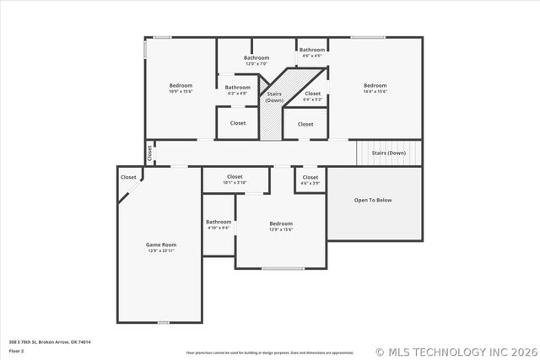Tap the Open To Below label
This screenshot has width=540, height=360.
(372, 200)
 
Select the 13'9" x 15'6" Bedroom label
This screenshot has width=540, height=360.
(280, 224)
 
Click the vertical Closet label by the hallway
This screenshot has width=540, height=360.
(150, 153)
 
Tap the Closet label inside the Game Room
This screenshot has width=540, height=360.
(128, 177)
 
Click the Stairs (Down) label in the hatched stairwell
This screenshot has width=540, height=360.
(274, 97)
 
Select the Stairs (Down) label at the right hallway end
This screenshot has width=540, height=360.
(389, 153)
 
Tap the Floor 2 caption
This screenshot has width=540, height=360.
(17, 351)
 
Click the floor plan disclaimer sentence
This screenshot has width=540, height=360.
(269, 352)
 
